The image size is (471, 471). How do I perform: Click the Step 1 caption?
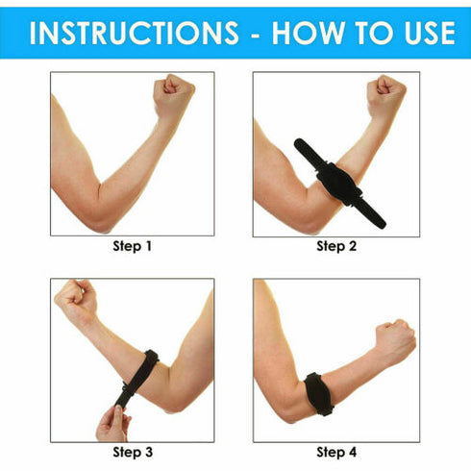coord(133,247)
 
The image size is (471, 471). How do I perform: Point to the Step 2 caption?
coord(336,247)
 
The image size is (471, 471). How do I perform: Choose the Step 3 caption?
coord(133,452)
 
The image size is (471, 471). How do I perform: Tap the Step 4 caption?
coord(336,452)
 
